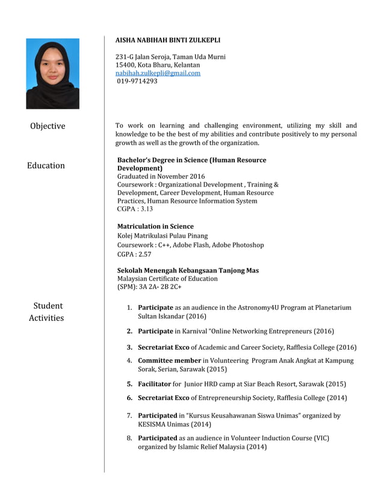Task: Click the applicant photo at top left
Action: (x=52, y=73)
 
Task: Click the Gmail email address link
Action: (x=158, y=73)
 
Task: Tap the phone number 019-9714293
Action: (x=137, y=81)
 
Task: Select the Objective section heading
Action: (x=48, y=126)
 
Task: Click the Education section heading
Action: (x=46, y=165)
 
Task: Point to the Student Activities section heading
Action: (x=47, y=312)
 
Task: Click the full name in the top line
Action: (x=167, y=40)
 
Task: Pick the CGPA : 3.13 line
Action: (x=135, y=209)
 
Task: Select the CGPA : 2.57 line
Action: (x=134, y=255)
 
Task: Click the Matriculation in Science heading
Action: (x=155, y=227)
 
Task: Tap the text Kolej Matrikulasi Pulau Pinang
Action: (x=162, y=236)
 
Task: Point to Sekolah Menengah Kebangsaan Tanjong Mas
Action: (x=188, y=271)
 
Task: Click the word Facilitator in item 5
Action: (x=154, y=384)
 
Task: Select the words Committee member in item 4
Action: (x=169, y=360)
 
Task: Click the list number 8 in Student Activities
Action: (x=129, y=438)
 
